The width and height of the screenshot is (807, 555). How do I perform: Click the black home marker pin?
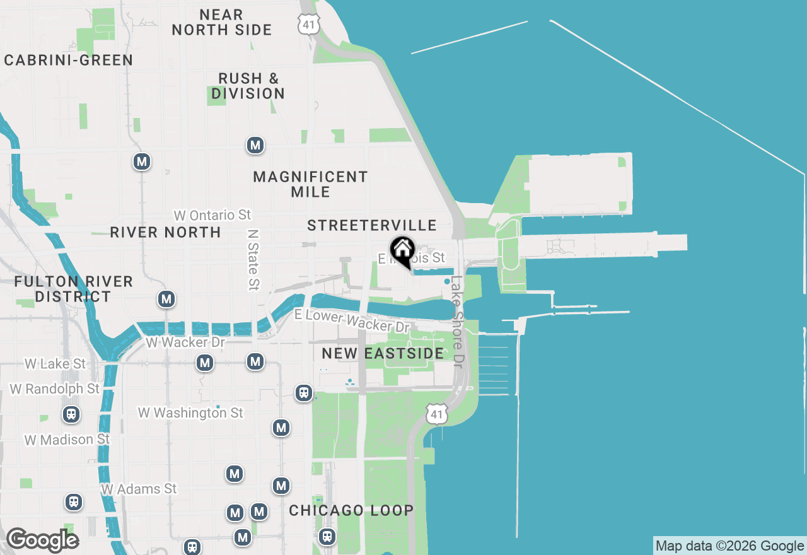(402, 250)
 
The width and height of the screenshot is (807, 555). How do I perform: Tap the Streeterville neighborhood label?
(371, 225)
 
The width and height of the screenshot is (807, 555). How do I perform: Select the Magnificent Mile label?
(310, 184)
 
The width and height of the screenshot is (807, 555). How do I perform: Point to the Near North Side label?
(222, 22)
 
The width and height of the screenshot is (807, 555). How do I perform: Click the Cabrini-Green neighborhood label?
(68, 60)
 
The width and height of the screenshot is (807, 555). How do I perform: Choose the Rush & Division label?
(248, 86)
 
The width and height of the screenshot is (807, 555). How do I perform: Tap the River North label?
(165, 232)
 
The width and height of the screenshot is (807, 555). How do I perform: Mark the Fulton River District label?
(73, 289)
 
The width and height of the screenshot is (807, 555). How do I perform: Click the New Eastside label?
(383, 353)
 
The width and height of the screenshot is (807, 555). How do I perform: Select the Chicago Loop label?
(351, 510)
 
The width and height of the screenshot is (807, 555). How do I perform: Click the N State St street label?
(253, 259)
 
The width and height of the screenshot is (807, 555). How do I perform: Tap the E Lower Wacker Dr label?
(352, 321)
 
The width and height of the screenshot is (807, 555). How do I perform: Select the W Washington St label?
(190, 413)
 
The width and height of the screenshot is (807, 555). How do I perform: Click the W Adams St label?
(139, 489)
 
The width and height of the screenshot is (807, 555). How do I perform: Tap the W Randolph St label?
(54, 389)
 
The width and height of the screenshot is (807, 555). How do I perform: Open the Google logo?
(42, 540)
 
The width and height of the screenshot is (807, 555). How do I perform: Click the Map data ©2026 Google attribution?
(729, 546)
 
